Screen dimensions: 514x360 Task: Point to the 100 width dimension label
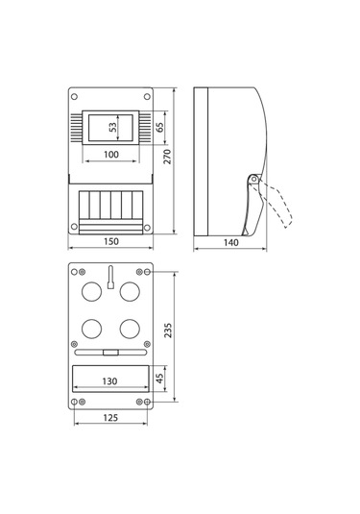tap(111, 155)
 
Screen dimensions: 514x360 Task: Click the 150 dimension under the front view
tap(111, 242)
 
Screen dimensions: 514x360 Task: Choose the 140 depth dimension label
tap(229, 243)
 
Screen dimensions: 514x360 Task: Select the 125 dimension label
tap(111, 419)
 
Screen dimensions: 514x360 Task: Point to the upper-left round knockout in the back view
tap(92, 290)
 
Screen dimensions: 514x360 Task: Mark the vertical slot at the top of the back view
tap(110, 280)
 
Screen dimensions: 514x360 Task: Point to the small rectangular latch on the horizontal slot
tap(111, 353)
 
